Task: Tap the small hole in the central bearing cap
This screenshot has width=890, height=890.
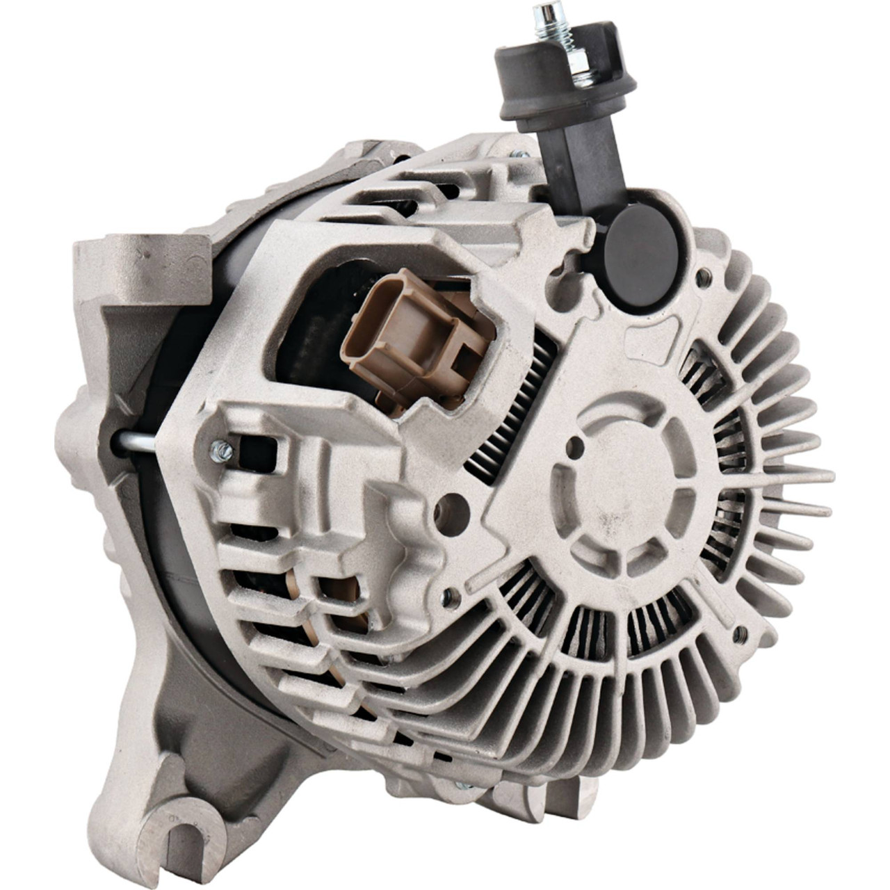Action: [x=576, y=446]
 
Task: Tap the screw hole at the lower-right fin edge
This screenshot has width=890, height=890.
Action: [x=741, y=632]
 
